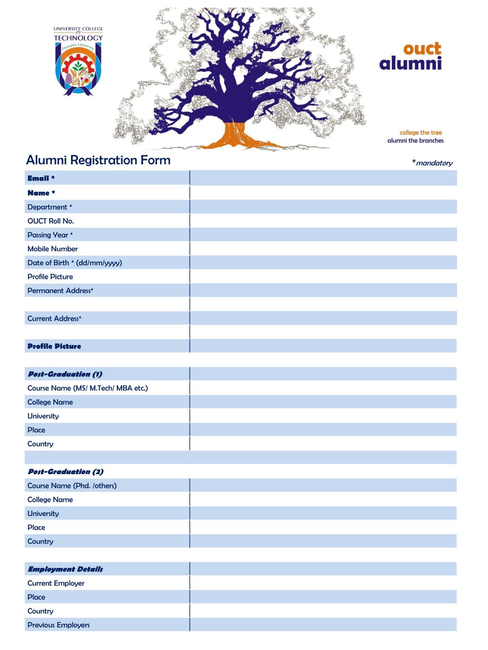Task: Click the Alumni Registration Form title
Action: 98,160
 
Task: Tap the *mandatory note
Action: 432,163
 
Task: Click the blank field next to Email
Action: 323,178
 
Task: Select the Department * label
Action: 50,207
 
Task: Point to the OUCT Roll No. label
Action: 51,221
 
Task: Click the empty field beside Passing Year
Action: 323,234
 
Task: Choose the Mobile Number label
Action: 52,249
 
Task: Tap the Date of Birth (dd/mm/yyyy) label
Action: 74,263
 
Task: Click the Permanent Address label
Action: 60,291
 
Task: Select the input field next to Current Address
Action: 323,318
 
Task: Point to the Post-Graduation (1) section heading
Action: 65,374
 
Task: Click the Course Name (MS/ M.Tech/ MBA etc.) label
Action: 88,388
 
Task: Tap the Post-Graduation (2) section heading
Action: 65,472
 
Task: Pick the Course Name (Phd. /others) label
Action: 72,486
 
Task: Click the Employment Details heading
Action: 65,569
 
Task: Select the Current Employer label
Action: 56,583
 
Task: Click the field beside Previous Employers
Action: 323,625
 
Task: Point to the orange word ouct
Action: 422,49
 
